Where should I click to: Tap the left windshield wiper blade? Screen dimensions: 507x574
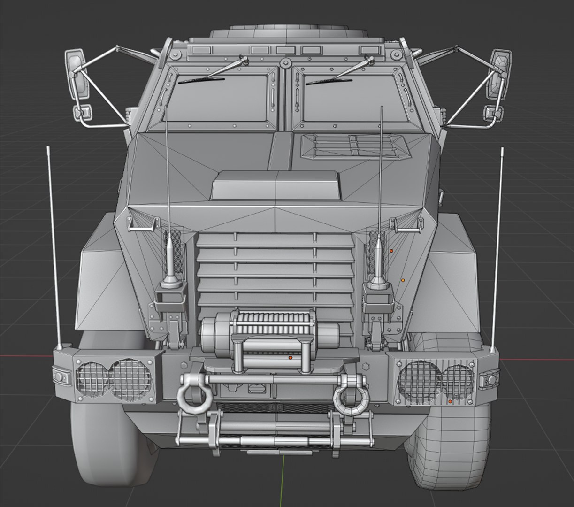[x=201, y=80]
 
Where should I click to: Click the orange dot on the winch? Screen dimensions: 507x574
[x=291, y=358]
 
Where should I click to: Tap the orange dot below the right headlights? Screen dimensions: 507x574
[x=450, y=402]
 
